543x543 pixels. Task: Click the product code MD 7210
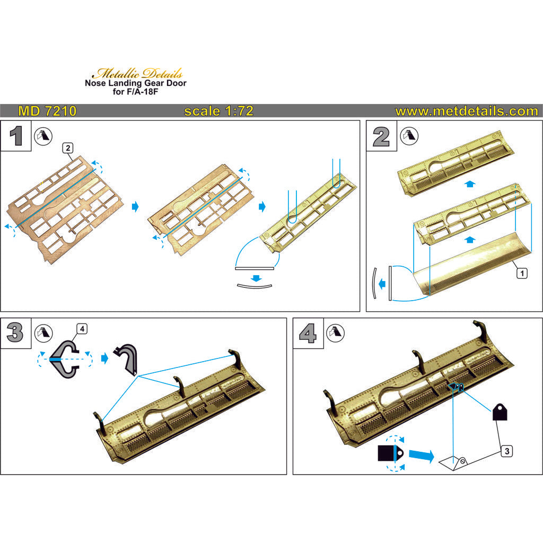pos(47,111)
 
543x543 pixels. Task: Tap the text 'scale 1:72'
pos(218,111)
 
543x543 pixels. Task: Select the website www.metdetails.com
pos(466,111)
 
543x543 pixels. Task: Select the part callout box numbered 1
pos(522,273)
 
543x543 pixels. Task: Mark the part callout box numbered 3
pos(507,451)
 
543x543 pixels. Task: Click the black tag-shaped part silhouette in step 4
pos(500,411)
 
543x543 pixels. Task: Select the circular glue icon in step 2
pos(407,136)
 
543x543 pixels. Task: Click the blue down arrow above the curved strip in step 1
pos(257,277)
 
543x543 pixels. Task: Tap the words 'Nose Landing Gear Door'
pos(136,83)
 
